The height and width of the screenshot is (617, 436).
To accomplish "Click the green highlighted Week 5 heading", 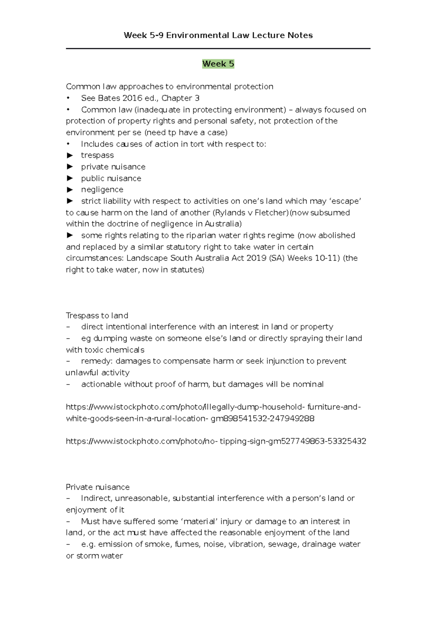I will (x=218, y=64).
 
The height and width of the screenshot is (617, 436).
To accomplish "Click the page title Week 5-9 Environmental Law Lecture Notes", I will (x=218, y=35).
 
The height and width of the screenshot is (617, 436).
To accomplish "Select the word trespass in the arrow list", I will (x=97, y=155).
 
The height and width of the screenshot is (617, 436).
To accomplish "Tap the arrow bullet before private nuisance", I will (x=70, y=167).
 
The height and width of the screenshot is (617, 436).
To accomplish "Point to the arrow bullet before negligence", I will (x=70, y=190).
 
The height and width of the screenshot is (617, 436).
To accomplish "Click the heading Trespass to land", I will (x=97, y=315).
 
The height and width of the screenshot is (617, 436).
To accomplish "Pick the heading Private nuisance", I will (x=98, y=487).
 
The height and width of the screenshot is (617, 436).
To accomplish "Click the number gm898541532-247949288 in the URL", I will (x=262, y=418).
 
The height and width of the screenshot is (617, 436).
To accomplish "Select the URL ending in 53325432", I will (x=216, y=441).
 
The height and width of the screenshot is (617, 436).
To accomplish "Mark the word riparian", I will (x=201, y=235).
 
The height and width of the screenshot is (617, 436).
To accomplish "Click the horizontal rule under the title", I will (x=218, y=48).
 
